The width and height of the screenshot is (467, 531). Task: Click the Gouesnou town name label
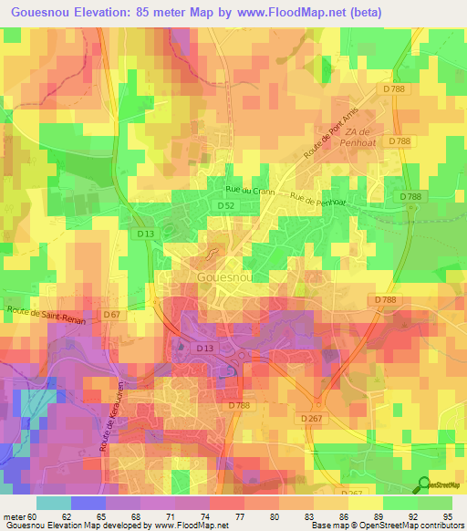pyautogui.click(x=223, y=276)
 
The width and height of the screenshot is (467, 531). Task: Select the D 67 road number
pyautogui.click(x=112, y=315)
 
